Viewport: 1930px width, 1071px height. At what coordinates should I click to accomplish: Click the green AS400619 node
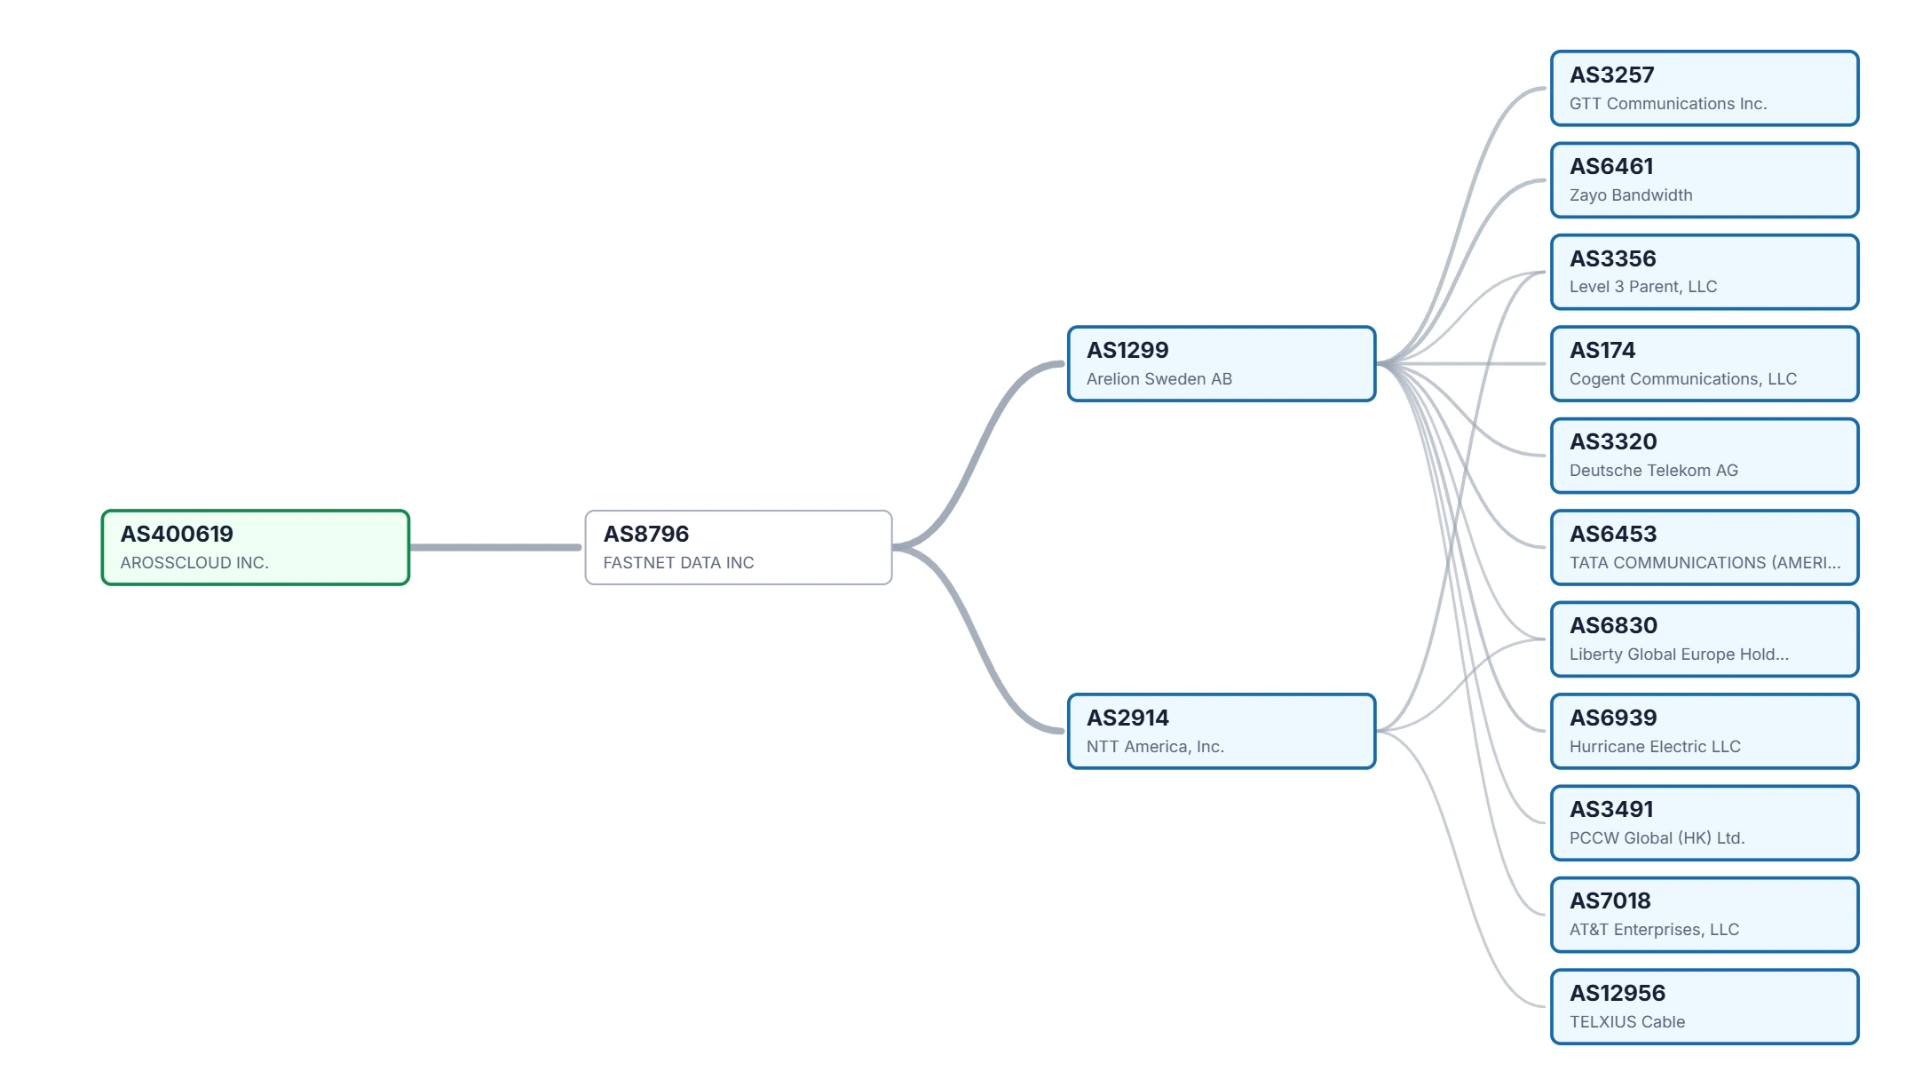[256, 547]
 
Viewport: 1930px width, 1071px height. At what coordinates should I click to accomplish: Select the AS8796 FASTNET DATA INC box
[739, 547]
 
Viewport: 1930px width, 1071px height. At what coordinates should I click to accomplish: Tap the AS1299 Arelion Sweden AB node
[1222, 364]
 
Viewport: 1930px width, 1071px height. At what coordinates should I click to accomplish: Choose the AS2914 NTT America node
[1222, 731]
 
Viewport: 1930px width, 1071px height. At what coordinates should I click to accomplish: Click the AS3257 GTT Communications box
[1705, 88]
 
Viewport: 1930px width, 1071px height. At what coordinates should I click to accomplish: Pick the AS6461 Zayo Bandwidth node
[1705, 180]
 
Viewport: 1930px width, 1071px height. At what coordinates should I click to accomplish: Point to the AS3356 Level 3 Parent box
[1705, 272]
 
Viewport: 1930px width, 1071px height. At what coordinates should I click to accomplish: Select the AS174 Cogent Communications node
[1705, 364]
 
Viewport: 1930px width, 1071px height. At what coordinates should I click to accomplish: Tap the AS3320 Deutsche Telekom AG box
[1705, 456]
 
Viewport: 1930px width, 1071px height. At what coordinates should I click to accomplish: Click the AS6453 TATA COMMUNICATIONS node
[1705, 547]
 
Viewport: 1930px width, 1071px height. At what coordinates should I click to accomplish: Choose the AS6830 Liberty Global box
[1705, 639]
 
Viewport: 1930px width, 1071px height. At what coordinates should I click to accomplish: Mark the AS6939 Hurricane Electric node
[1705, 731]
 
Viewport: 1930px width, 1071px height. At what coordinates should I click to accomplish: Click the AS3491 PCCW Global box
[1705, 823]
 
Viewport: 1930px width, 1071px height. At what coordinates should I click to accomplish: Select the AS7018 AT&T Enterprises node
[1705, 915]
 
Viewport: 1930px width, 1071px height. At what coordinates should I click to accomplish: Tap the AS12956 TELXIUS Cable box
[1705, 1006]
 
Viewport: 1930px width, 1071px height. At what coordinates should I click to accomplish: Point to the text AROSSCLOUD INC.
[194, 562]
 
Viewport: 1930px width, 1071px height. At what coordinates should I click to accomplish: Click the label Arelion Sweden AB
[1159, 379]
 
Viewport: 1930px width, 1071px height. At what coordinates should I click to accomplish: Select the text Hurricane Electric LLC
[1655, 747]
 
